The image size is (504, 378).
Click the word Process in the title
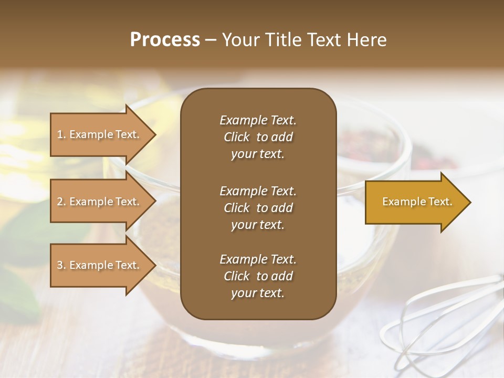(x=165, y=40)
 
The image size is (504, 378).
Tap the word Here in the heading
(x=366, y=40)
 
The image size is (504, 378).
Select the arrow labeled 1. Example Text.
(x=100, y=134)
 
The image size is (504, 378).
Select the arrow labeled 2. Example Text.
(x=100, y=202)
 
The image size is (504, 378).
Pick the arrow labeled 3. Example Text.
(x=100, y=265)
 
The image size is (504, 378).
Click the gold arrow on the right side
(x=415, y=202)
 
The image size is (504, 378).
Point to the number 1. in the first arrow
(x=61, y=135)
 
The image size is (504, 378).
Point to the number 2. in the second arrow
(x=61, y=202)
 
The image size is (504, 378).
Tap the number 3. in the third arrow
(x=61, y=265)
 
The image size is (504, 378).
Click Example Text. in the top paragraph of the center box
(x=258, y=120)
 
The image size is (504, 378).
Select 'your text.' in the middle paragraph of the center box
(x=258, y=225)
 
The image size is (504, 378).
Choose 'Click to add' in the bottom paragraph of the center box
(x=258, y=276)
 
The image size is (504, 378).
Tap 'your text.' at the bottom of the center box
(x=258, y=293)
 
